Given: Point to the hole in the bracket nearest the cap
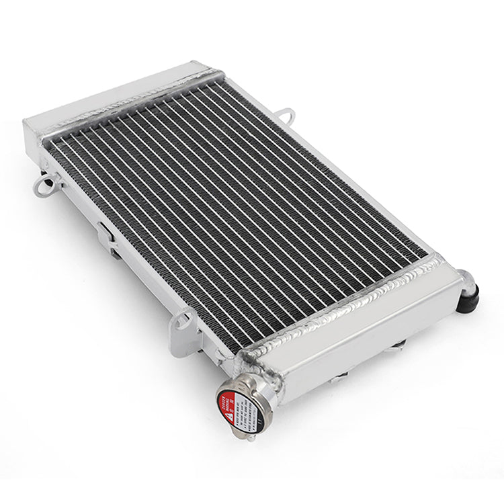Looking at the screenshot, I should tap(180, 321).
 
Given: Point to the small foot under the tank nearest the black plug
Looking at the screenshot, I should tap(398, 346).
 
